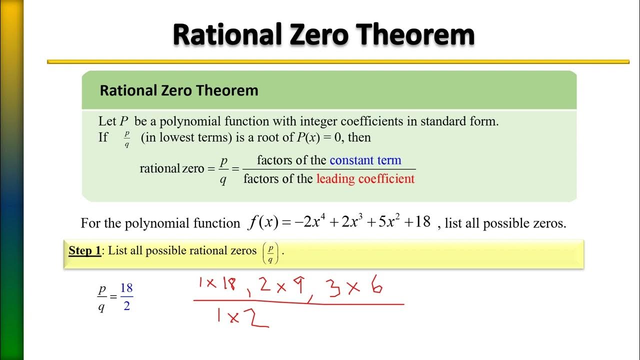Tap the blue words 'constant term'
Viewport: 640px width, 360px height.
tap(365, 160)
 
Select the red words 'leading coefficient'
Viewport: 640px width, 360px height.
tap(365, 178)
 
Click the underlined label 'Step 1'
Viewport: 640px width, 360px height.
tap(84, 250)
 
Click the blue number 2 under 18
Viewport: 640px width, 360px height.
tap(126, 305)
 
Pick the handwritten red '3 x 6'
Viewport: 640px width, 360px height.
tap(353, 286)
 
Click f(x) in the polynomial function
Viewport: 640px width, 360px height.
tap(263, 222)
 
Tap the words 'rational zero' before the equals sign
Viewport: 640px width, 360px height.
tap(172, 168)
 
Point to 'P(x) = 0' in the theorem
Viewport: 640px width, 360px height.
tap(317, 137)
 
